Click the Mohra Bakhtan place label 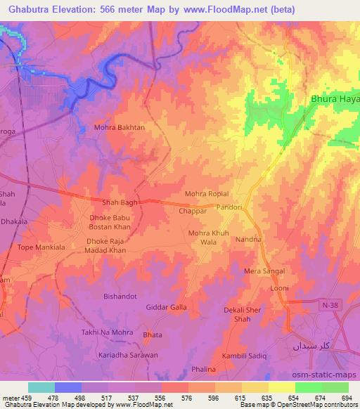coord(120,128)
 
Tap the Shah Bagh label coord(119,202)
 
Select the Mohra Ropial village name coord(207,193)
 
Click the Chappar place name coord(192,210)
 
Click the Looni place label coord(280,288)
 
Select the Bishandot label coord(120,296)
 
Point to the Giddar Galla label coord(166,307)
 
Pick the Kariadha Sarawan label coord(128,355)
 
